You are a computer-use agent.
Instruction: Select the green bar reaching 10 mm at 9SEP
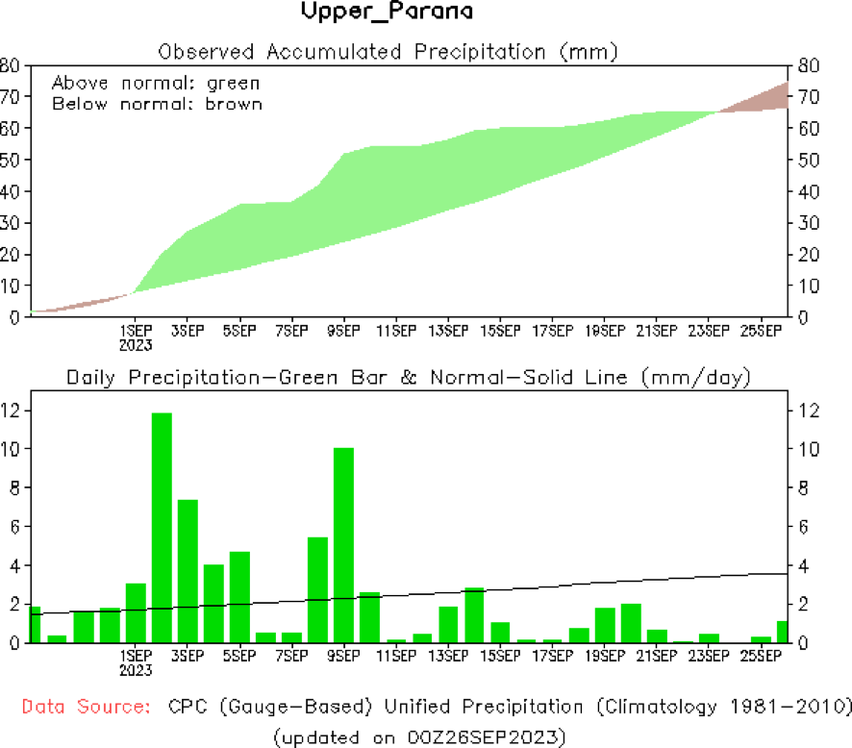coord(343,544)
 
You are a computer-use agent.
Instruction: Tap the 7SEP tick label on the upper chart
coord(291,331)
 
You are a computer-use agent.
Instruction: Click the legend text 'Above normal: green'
coord(156,83)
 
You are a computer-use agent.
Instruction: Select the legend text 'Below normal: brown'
coord(157,103)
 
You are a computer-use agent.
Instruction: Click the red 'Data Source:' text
coord(86,707)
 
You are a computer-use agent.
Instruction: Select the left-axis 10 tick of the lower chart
coord(12,449)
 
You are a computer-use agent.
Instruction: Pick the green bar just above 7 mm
coord(188,571)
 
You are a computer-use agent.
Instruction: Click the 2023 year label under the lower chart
coord(135,670)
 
